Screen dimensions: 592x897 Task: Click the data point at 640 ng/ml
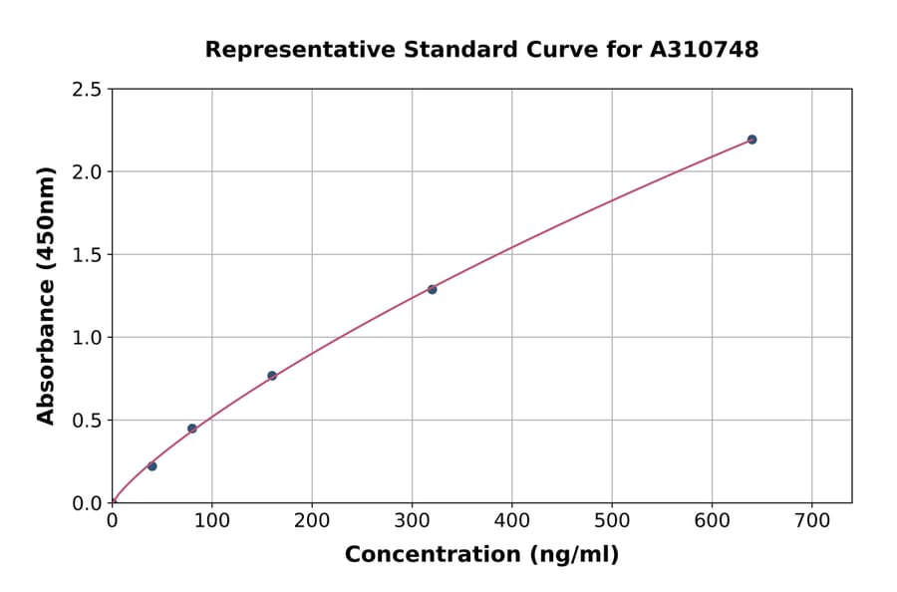(x=751, y=140)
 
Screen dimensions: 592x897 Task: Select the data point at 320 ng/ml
(x=432, y=289)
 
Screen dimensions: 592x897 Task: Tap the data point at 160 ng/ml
(x=272, y=376)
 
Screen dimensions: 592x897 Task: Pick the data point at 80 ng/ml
(x=192, y=429)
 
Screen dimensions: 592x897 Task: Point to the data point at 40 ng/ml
(x=152, y=466)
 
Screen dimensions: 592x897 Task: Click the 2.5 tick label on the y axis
(x=88, y=90)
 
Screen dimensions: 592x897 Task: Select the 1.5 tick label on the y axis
(x=88, y=255)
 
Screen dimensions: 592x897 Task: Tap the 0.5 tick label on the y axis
(x=88, y=421)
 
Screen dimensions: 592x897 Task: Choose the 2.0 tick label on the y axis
(x=88, y=172)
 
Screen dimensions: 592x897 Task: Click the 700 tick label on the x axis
(x=811, y=520)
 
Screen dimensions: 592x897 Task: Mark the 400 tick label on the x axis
(x=511, y=520)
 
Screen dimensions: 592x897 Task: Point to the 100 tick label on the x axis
(x=212, y=520)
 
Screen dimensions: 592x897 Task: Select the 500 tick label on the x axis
(x=612, y=520)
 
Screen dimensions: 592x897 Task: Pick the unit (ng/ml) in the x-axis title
(x=573, y=555)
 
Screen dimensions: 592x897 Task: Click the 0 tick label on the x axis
(x=112, y=520)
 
